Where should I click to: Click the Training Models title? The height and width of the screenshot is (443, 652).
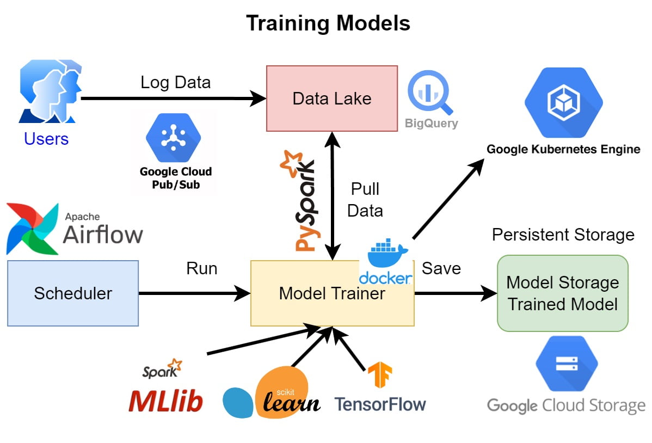tap(328, 23)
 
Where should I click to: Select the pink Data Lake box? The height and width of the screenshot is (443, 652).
tap(331, 99)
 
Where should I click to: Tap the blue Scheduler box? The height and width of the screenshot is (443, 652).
tap(73, 293)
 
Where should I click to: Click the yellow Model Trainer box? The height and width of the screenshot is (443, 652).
tap(332, 293)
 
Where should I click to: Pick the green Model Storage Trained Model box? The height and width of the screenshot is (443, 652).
tap(562, 293)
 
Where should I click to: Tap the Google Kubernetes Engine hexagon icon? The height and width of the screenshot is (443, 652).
tap(563, 103)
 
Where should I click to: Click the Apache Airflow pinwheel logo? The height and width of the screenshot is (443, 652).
tap(32, 229)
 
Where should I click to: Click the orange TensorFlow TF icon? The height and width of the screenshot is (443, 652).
tap(379, 375)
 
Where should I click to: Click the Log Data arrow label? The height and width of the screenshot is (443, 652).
tap(175, 82)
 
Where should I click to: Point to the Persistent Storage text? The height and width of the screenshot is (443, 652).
tap(563, 235)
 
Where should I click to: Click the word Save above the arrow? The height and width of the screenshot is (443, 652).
tap(441, 268)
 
